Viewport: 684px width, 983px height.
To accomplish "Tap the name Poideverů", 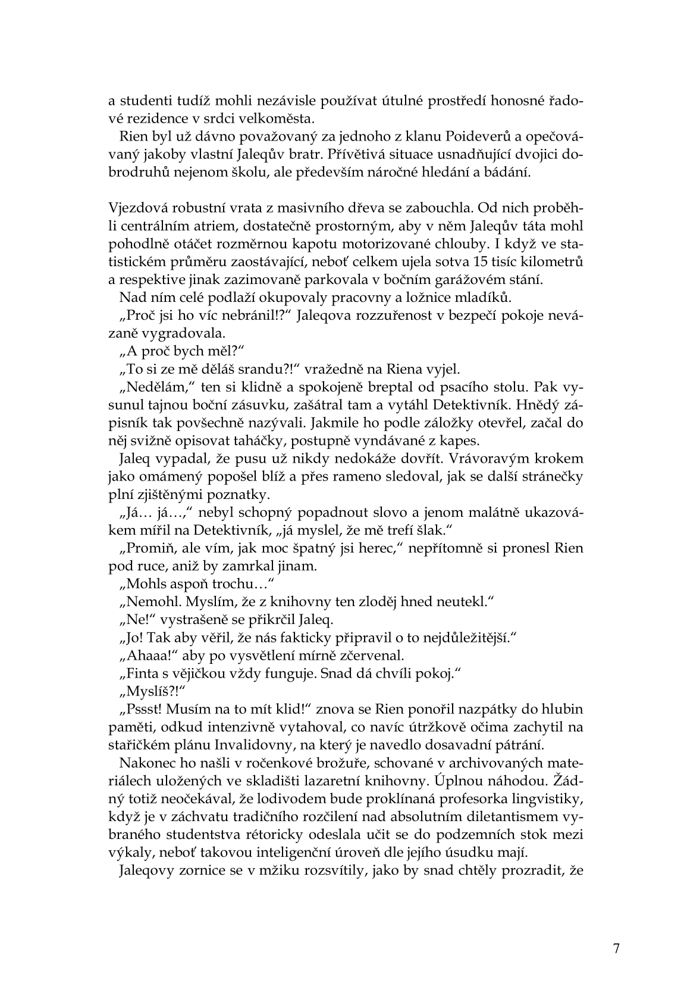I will (450, 136).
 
